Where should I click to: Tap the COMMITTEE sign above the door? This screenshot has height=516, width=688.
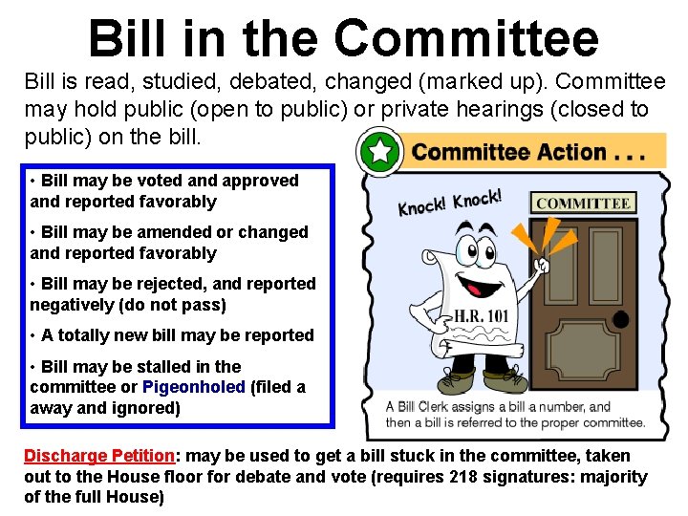(x=582, y=203)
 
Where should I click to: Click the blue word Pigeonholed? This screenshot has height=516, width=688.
(x=193, y=387)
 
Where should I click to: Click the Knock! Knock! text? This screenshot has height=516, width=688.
(x=449, y=202)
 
